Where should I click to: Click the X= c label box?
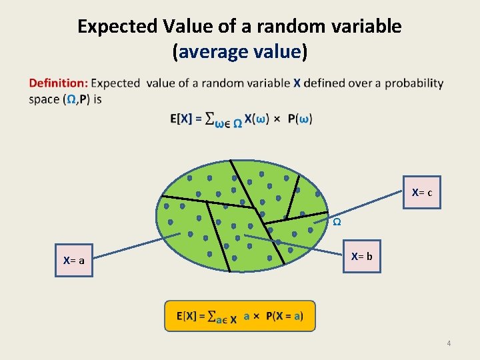421,193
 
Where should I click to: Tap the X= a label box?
73,261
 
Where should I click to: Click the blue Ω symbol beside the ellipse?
337,221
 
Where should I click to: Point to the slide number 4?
449,343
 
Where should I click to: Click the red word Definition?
58,83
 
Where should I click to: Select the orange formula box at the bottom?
239,316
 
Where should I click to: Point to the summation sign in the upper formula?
209,119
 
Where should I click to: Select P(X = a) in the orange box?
284,316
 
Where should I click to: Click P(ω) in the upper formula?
300,119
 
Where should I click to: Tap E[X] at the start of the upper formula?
181,119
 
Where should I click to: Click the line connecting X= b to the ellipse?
293,245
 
